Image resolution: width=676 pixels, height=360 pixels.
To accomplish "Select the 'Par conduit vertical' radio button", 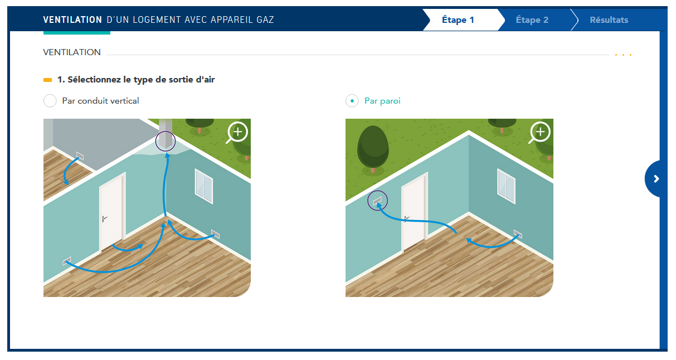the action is (x=50, y=101).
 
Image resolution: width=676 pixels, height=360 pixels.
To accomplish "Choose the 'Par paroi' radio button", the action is (x=352, y=101).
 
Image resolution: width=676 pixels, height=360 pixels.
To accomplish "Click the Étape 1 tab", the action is (x=458, y=20).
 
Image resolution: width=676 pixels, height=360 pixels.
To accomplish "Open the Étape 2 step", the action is (x=532, y=20).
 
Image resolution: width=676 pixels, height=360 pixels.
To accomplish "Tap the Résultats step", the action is (x=609, y=20).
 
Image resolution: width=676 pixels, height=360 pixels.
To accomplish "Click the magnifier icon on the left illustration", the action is (x=237, y=133).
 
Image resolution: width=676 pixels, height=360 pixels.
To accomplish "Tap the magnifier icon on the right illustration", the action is (x=539, y=133).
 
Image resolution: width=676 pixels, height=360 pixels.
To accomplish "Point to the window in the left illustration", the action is (x=204, y=186).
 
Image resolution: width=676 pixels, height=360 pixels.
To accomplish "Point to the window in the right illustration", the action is (x=507, y=186).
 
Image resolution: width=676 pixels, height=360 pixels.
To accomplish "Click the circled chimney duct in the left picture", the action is (x=166, y=140).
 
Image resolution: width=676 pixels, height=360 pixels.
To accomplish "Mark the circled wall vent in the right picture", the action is (x=377, y=201).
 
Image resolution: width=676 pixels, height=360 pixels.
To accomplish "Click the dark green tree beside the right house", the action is (x=373, y=150).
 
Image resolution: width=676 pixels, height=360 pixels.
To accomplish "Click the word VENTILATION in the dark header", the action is (x=72, y=20).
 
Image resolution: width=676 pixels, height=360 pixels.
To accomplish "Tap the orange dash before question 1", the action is (x=48, y=80).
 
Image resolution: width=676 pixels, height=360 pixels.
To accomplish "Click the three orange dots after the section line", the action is (x=623, y=55).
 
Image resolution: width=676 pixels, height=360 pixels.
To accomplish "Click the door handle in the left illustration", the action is (x=104, y=218).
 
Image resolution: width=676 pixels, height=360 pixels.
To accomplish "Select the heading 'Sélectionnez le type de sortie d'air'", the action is (x=141, y=79).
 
